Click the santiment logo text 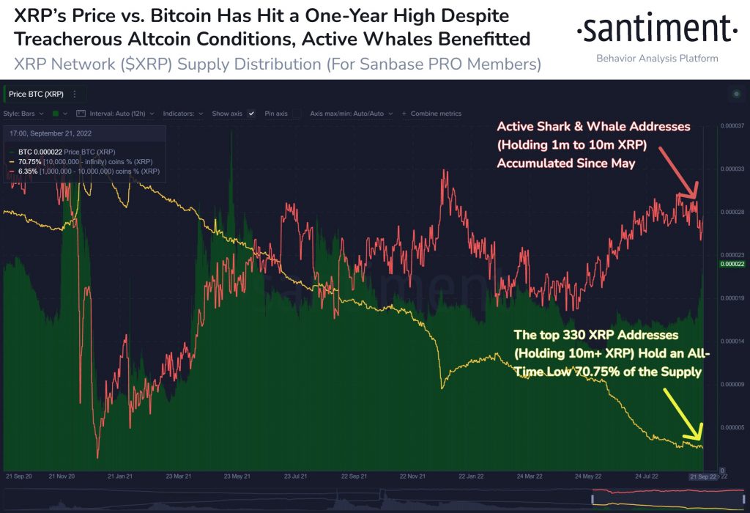(656, 30)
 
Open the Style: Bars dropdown (23, 114)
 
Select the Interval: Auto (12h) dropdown (116, 114)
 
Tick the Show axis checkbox (251, 114)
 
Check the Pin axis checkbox (297, 114)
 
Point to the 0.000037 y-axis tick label (732, 126)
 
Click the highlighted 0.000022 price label (732, 263)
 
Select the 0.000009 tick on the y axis (732, 384)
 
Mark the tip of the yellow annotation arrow (699, 438)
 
